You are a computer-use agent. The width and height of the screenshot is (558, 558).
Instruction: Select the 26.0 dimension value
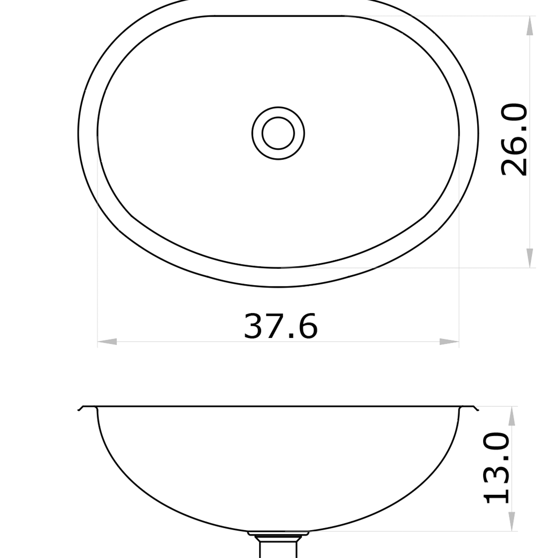[514, 140]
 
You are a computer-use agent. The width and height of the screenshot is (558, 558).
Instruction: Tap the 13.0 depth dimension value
[497, 468]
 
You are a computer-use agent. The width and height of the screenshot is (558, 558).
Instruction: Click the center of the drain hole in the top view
[278, 133]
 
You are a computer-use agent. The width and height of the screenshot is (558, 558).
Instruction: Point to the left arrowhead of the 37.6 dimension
[107, 342]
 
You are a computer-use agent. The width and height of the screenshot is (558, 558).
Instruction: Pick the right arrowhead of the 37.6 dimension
[449, 342]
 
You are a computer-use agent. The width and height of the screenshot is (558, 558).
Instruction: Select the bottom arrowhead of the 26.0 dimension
[529, 257]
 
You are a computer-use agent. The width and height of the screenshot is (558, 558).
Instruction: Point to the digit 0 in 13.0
[497, 442]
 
